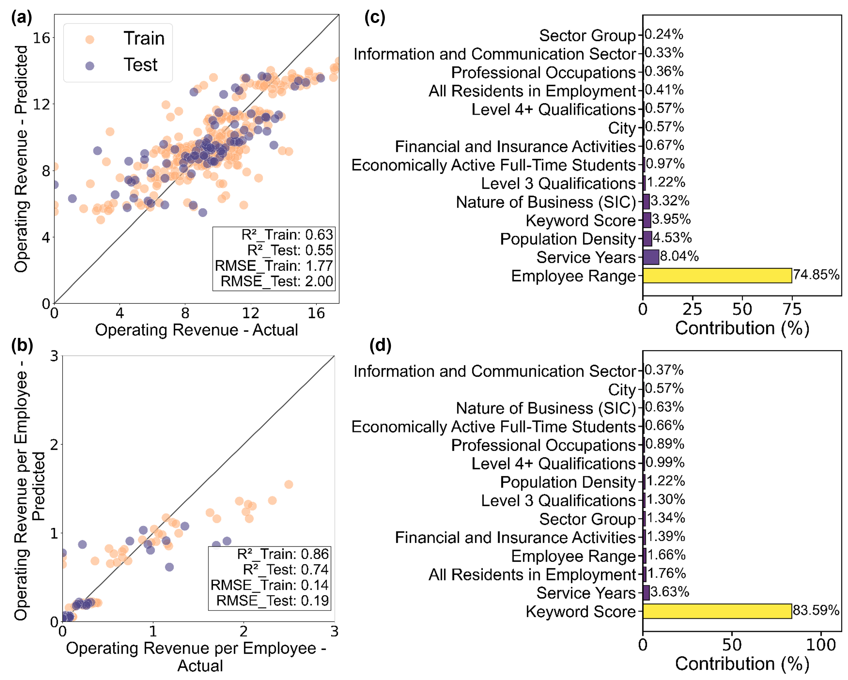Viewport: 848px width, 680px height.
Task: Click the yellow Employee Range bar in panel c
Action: [717, 276]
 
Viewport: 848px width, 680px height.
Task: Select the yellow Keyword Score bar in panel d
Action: [717, 611]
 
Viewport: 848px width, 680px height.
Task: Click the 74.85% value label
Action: [816, 275]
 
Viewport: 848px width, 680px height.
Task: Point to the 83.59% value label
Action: [816, 610]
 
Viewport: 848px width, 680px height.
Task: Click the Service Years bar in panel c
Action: [651, 257]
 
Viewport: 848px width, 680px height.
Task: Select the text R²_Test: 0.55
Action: [290, 250]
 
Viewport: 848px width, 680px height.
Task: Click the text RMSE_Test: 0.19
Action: [272, 601]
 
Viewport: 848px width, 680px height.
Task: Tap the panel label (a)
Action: [22, 18]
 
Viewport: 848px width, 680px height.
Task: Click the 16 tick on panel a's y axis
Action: [41, 38]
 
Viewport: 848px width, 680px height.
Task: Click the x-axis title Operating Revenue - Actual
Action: [196, 330]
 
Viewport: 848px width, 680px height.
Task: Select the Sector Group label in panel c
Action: [587, 36]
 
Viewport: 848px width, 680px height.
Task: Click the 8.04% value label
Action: [679, 256]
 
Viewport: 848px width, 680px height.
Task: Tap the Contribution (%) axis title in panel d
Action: [742, 664]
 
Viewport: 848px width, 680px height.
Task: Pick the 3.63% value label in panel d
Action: [669, 592]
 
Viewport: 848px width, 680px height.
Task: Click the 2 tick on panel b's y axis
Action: [54, 445]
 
